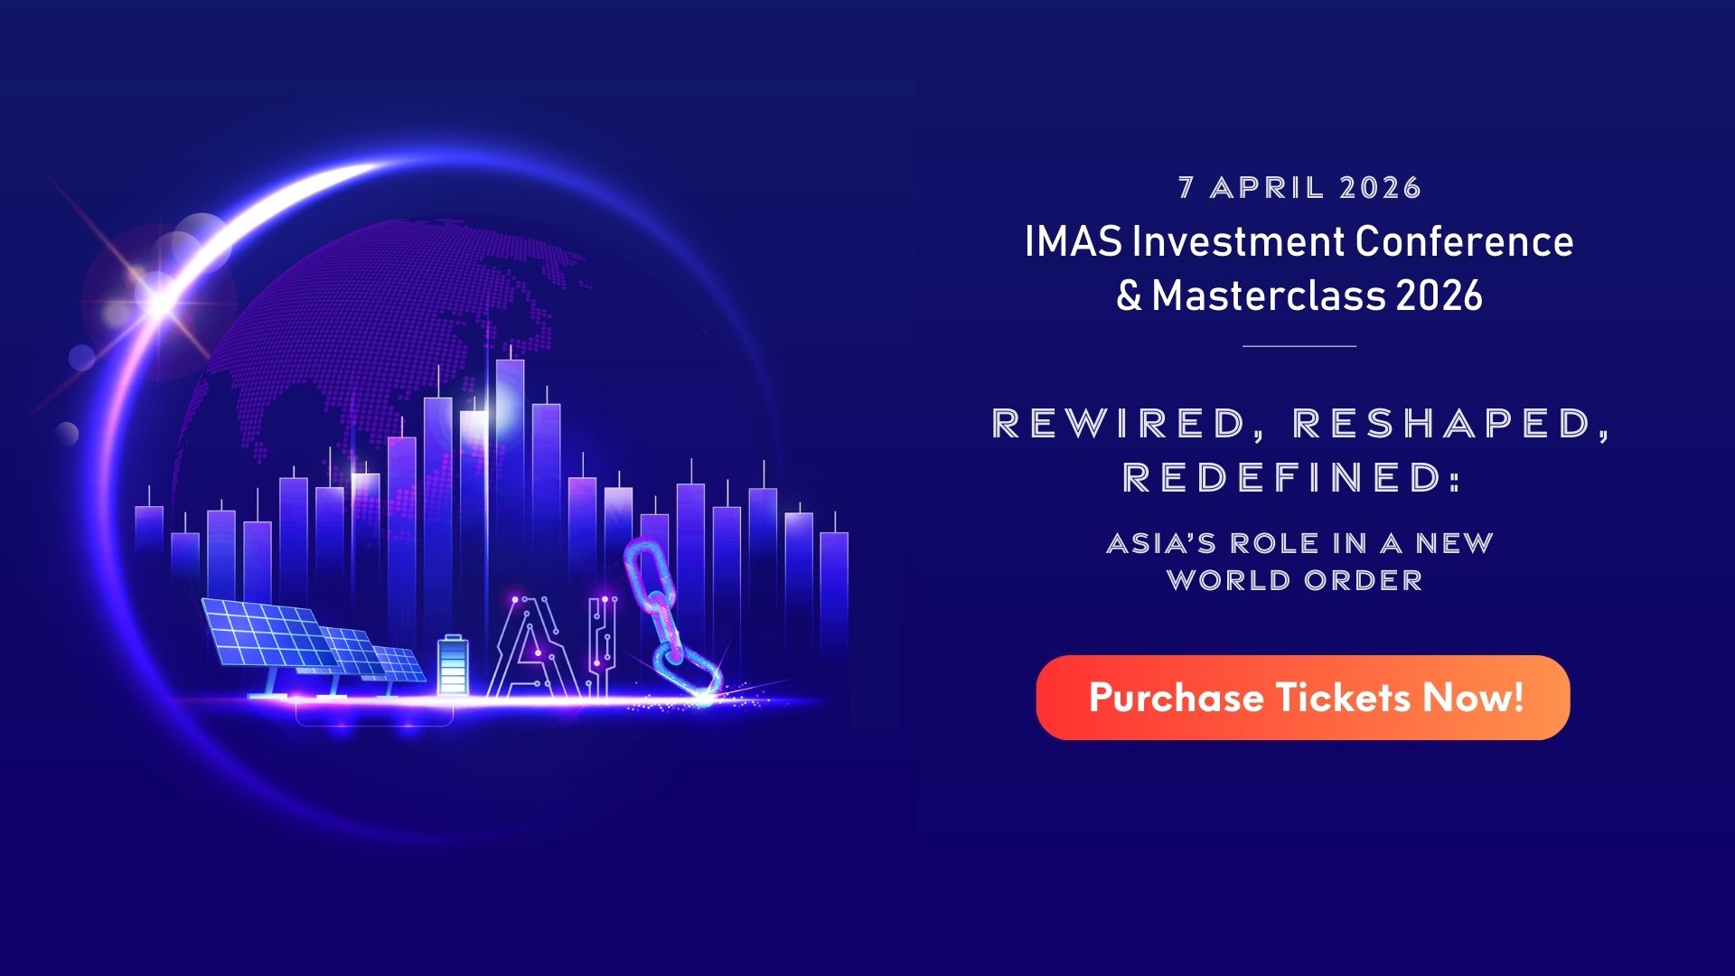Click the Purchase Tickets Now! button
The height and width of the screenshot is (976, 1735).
[x=1302, y=698]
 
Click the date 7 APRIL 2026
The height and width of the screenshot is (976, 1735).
[x=1299, y=188]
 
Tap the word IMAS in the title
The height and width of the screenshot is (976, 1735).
[x=1074, y=241]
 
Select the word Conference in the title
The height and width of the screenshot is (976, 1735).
[x=1464, y=241]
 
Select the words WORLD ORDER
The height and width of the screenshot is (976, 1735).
[x=1294, y=580]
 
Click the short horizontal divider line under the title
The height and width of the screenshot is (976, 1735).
[x=1299, y=345]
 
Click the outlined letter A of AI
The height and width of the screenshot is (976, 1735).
[x=533, y=649]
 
